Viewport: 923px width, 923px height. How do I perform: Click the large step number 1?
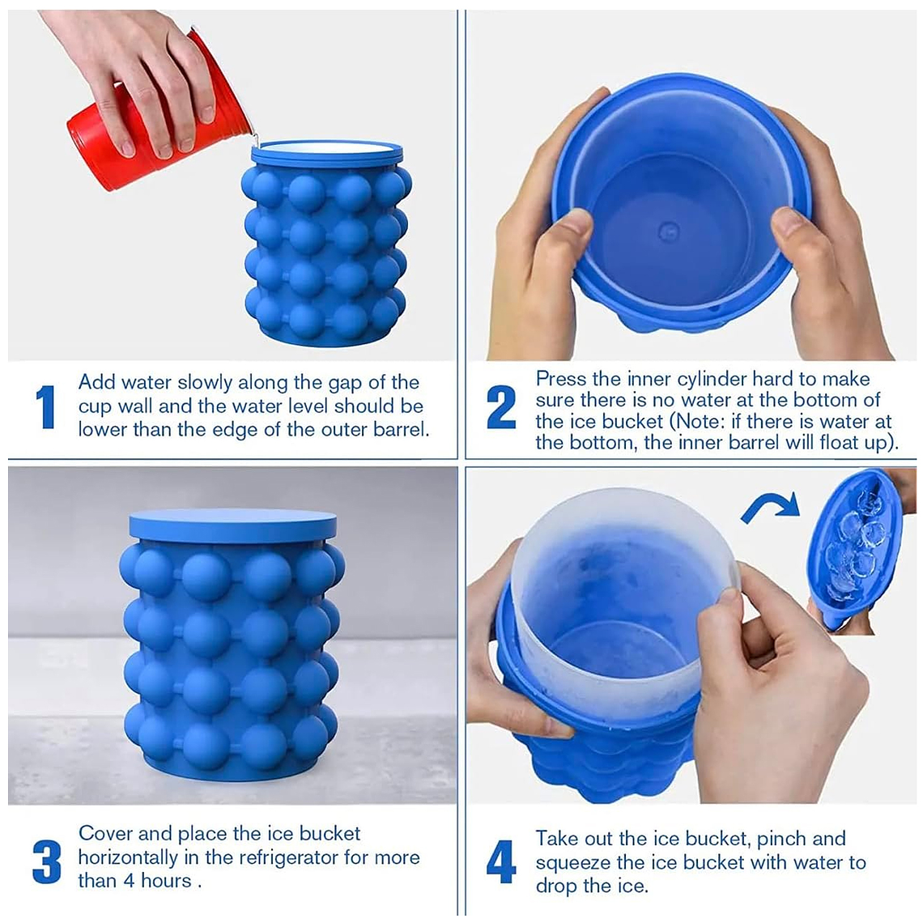click(46, 406)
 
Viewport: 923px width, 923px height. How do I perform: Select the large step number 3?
click(46, 861)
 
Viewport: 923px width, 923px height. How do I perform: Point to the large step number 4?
click(501, 861)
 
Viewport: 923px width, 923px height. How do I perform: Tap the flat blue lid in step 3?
click(232, 525)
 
